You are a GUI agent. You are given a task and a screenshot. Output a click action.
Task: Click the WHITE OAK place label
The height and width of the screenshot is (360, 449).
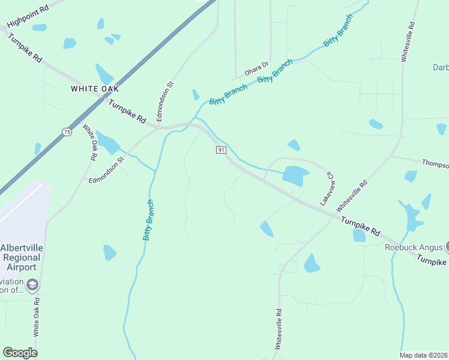[95, 89]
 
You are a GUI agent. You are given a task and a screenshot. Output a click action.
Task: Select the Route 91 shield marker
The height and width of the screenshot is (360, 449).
[221, 150]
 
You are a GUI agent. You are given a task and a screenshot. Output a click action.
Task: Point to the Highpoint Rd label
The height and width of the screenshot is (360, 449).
[26, 18]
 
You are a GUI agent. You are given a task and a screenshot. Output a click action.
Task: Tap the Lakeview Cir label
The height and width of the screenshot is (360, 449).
[329, 189]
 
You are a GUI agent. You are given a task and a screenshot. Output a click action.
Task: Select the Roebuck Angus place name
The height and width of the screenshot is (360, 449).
[413, 247]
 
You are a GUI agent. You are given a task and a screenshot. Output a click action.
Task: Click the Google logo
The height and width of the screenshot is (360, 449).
[20, 353]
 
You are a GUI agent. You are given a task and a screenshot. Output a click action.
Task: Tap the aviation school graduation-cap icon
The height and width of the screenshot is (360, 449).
[32, 284]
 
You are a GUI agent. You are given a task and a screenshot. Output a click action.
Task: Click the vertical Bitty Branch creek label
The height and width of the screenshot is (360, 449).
[148, 220]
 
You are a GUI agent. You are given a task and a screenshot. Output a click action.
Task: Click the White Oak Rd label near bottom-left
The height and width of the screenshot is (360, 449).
[37, 316]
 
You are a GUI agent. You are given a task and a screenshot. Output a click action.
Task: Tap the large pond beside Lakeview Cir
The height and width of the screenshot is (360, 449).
[295, 176]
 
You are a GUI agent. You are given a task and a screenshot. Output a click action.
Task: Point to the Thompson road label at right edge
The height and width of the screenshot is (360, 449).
[435, 164]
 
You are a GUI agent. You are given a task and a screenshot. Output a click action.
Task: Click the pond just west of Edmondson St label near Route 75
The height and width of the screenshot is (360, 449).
[107, 143]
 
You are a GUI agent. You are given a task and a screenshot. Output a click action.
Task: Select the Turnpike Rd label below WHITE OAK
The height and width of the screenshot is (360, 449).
[127, 111]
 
